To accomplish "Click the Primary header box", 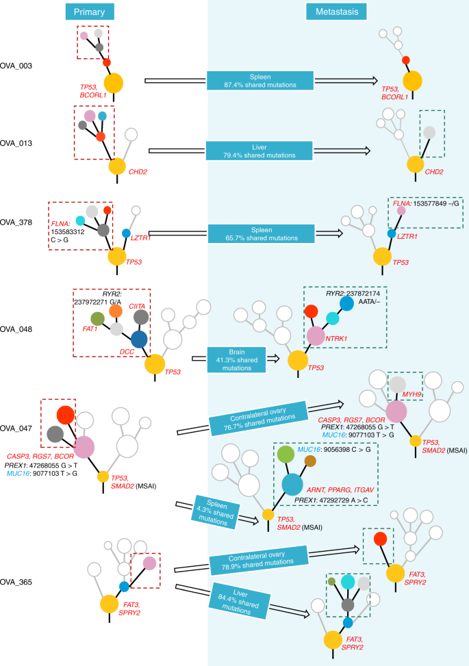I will pyautogui.click(x=90, y=12).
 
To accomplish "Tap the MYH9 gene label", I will pyautogui.click(x=411, y=395).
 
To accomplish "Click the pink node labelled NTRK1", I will pyautogui.click(x=315, y=335).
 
